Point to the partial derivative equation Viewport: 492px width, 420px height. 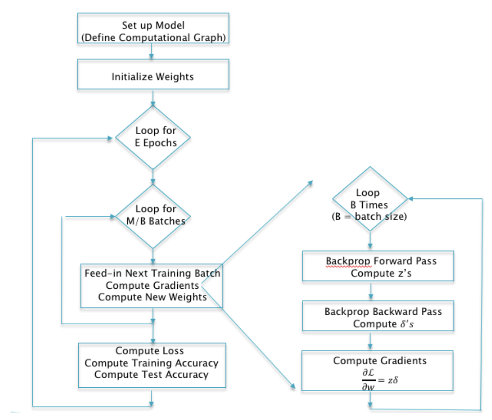380,380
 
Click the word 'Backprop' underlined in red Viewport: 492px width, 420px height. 348,261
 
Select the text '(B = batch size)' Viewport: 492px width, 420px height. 369,217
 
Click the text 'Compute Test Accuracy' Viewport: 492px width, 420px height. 151,374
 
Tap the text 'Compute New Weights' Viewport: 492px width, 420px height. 152,297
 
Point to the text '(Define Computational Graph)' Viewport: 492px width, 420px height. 153,37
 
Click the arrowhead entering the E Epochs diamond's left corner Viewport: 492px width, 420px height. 110,138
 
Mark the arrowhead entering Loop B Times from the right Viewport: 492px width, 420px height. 410,198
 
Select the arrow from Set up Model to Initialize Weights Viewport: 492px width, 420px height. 151,51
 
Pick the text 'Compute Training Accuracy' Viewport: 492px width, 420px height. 151,363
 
